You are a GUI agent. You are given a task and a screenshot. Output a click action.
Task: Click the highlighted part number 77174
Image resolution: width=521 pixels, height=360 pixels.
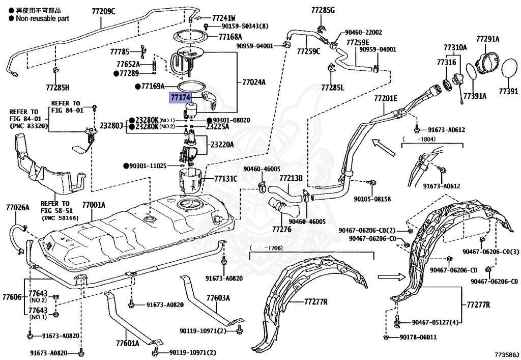(181, 98)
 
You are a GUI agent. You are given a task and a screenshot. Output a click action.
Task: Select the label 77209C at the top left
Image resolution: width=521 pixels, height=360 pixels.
(103, 12)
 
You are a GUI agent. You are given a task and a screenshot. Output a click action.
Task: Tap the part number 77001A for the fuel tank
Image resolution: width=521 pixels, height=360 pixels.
(94, 205)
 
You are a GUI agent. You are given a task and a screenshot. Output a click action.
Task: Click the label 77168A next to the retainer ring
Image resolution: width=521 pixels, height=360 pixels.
(230, 37)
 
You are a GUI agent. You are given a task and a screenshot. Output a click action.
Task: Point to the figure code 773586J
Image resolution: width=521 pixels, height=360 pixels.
(506, 354)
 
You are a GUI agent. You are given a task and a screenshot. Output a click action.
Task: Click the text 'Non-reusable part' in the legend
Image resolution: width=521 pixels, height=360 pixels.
(43, 19)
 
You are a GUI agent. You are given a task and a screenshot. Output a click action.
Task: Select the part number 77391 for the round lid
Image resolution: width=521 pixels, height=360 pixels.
(508, 91)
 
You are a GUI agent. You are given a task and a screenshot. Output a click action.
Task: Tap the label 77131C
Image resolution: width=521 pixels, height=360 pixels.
(226, 179)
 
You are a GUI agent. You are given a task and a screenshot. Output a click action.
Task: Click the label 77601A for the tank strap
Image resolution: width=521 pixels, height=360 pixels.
(128, 343)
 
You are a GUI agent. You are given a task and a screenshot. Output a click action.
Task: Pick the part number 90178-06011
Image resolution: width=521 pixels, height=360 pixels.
(418, 337)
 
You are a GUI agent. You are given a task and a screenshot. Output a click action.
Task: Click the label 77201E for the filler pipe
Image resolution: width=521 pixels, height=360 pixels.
(386, 98)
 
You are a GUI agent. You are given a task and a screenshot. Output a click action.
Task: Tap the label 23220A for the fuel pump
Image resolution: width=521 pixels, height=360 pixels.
(222, 145)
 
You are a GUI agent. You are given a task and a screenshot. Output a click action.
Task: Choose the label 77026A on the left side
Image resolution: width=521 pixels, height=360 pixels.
(18, 208)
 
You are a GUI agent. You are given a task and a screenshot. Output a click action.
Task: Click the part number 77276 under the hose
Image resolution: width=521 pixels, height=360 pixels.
(281, 229)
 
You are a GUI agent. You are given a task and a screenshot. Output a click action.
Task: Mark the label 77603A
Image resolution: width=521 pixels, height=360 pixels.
(218, 298)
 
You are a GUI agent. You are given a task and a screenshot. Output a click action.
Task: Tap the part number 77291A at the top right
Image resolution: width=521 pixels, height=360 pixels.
(488, 39)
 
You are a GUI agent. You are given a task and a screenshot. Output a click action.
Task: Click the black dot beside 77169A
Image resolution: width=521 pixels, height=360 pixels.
(138, 87)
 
